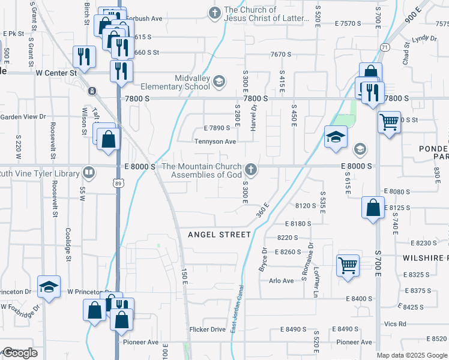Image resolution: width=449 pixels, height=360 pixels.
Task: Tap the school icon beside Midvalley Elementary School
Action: (x=219, y=82)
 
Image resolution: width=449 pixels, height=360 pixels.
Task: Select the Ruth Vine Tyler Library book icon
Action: (x=89, y=173)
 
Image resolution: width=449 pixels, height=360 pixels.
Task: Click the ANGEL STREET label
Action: (x=219, y=234)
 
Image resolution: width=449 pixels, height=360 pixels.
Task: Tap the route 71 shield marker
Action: (x=383, y=46)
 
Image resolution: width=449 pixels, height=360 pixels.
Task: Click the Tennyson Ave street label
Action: (x=215, y=142)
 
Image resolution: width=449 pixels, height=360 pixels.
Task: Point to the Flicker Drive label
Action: (x=207, y=329)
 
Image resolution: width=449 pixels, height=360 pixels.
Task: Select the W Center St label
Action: (x=57, y=73)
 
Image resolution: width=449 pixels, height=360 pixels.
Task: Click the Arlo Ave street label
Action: (x=282, y=281)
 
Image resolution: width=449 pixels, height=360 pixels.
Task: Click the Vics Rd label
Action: (x=396, y=324)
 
